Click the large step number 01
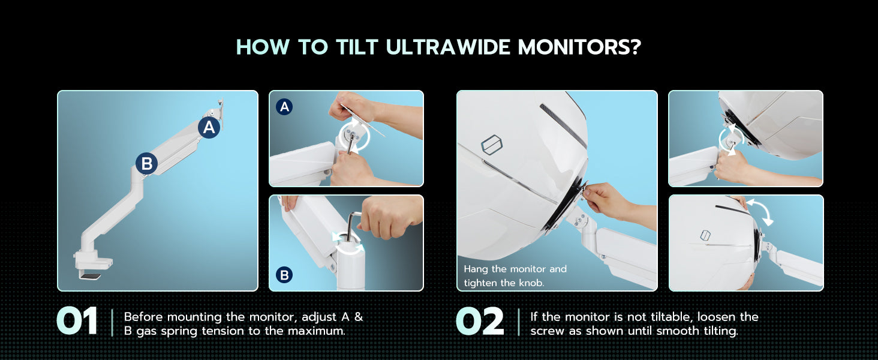point(77,321)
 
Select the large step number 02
point(480,321)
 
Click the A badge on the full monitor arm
point(209,127)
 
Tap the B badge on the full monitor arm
point(146,164)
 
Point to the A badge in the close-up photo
point(284,107)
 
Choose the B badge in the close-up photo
point(284,275)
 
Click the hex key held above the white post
point(353,224)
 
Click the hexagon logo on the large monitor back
point(492,145)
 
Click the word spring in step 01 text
point(179,331)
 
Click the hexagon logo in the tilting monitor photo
point(705,235)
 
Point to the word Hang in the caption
point(476,269)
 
